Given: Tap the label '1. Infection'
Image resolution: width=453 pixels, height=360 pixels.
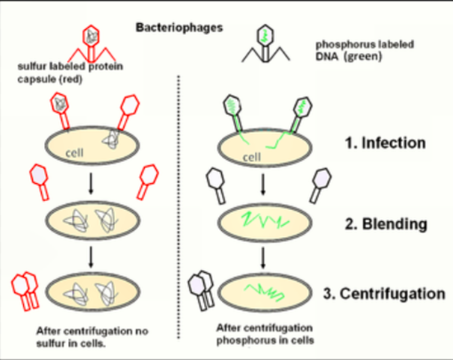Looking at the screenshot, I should click(385, 142).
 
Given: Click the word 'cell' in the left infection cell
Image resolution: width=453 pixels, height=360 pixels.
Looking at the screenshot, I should click(73, 152).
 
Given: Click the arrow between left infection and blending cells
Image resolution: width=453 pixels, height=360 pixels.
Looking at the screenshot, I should click(91, 184).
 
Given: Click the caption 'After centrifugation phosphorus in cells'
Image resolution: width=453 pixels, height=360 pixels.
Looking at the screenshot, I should click(265, 334).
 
